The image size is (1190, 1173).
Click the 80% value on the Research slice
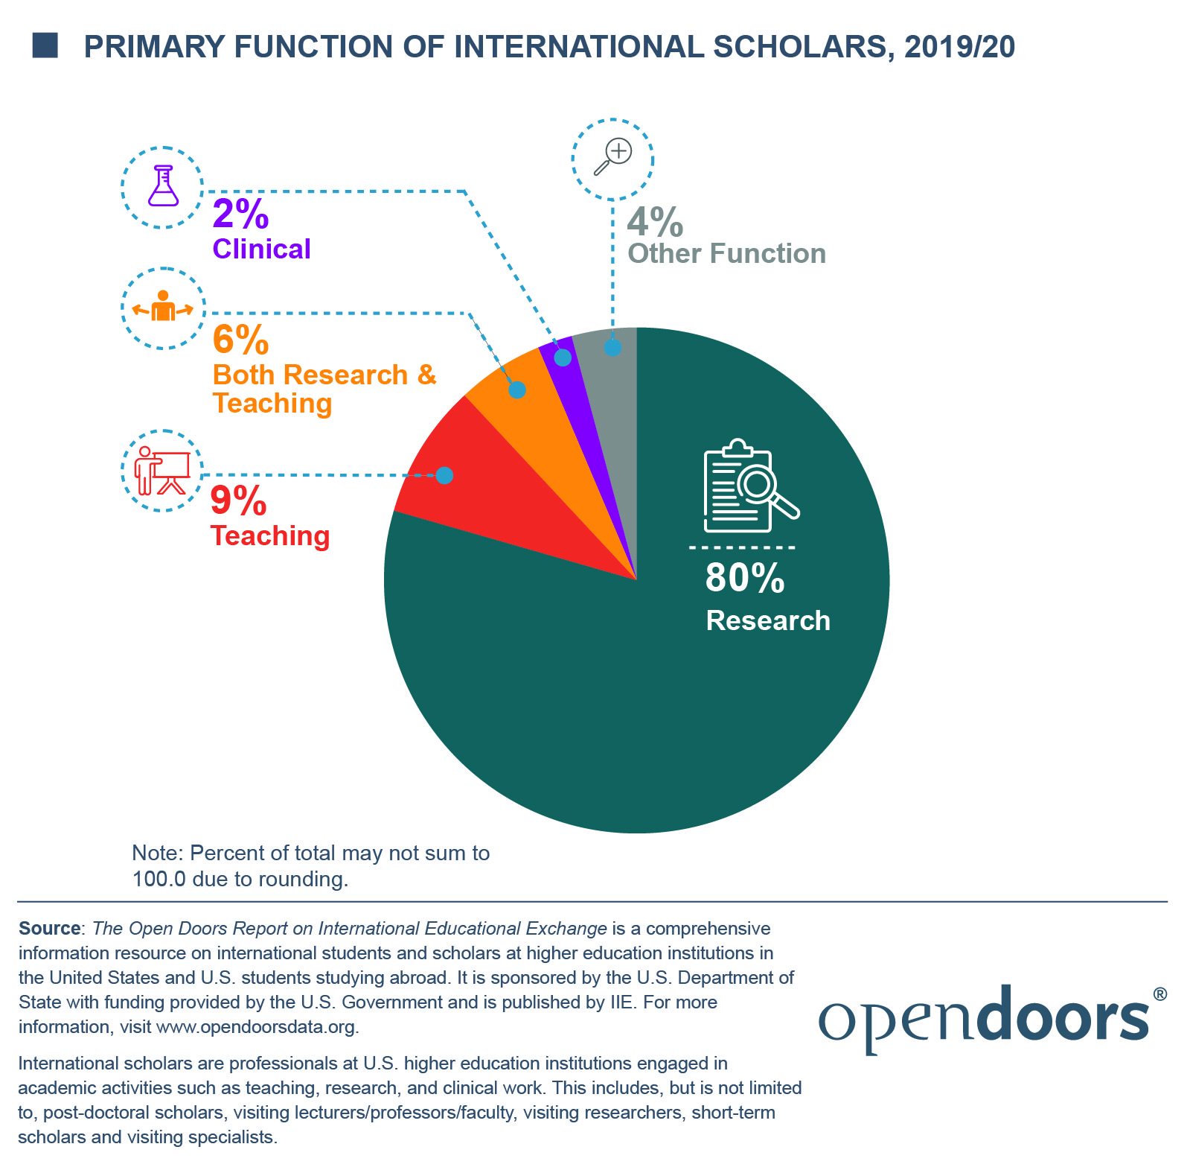pos(744,578)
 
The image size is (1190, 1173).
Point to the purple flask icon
pos(163,186)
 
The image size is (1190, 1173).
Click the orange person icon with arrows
pos(163,308)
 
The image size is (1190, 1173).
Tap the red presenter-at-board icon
pos(162,471)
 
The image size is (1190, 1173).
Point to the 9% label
pos(238,500)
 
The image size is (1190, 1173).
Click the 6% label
pos(240,340)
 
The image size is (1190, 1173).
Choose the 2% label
pos(240,214)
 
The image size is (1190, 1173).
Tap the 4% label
pos(655,222)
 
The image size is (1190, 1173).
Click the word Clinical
pos(261,249)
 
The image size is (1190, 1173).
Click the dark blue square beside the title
pos(45,45)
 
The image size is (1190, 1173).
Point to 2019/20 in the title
pos(959,46)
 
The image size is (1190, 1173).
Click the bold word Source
pos(49,929)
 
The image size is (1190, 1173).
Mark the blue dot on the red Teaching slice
pos(444,475)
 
